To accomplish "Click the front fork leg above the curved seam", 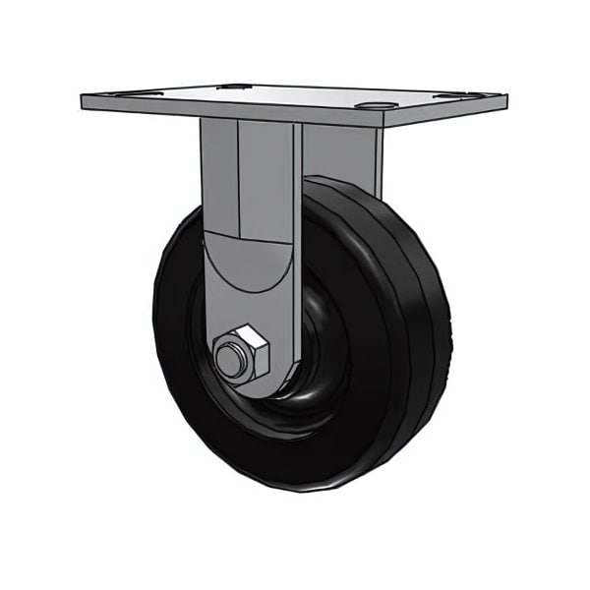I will pyautogui.click(x=251, y=177).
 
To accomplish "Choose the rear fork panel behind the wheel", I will pyautogui.click(x=339, y=152).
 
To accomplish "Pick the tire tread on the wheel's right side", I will pyautogui.click(x=428, y=324).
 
